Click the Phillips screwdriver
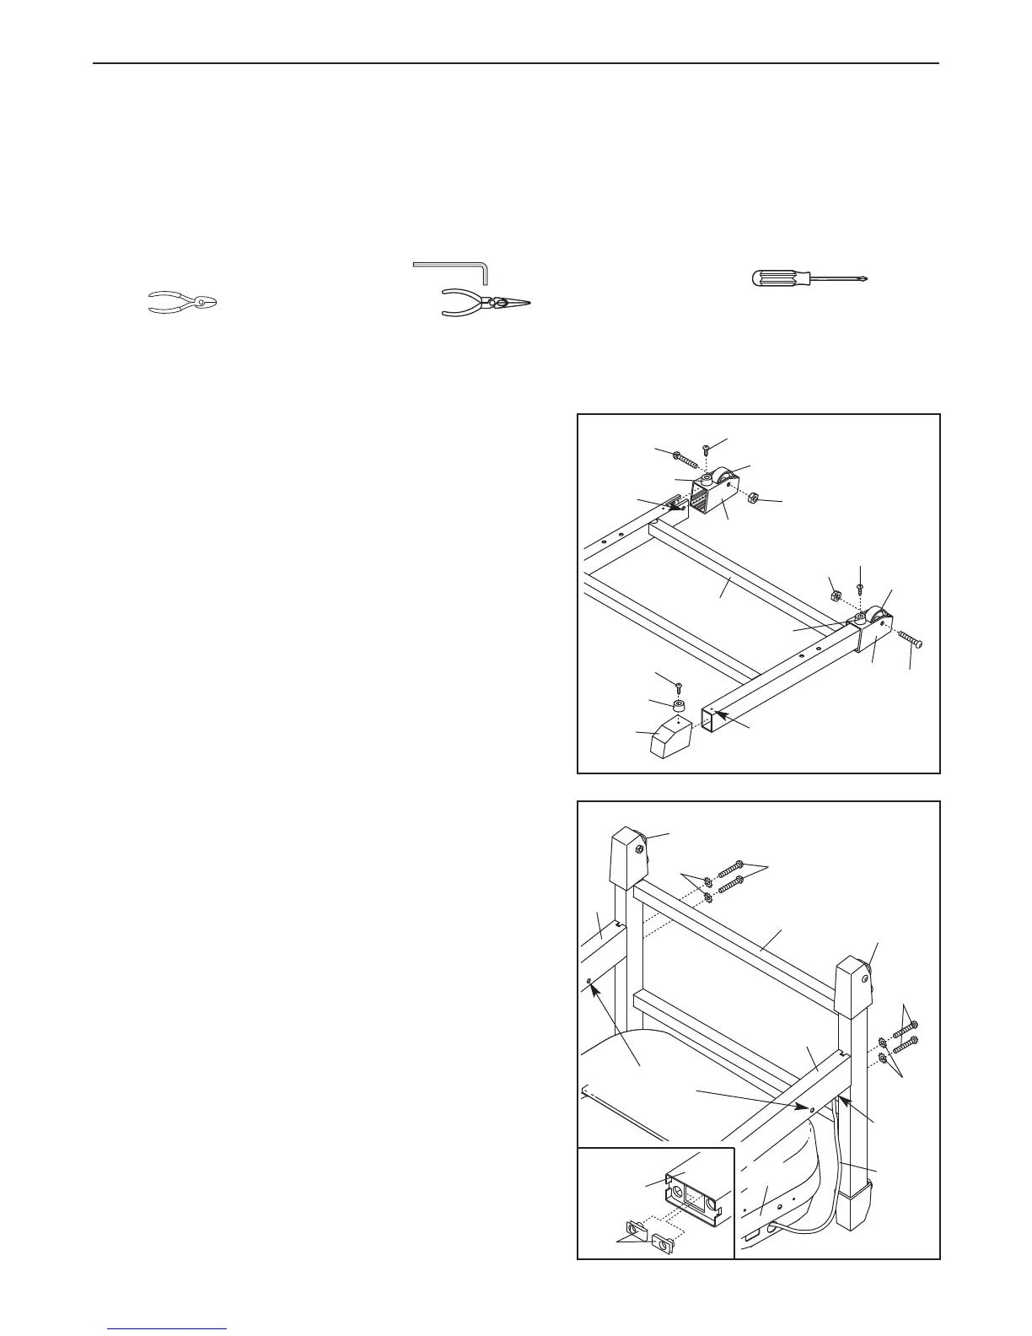tap(808, 278)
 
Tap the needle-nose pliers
tap(487, 303)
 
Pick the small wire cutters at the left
tap(182, 302)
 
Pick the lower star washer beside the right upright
tap(884, 1059)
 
